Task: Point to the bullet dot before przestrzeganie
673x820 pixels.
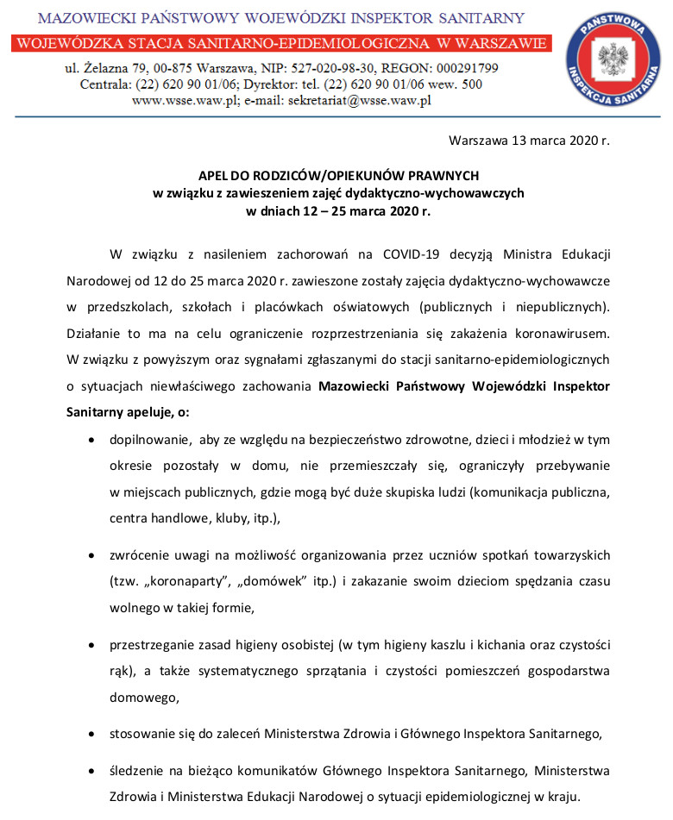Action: (x=92, y=644)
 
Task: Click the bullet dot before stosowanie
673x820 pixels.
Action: (x=92, y=734)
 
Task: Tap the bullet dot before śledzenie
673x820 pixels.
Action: (x=92, y=770)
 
